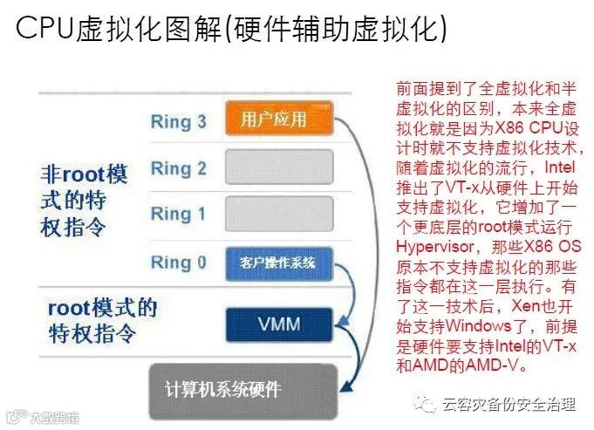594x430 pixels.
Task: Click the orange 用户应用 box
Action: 279,119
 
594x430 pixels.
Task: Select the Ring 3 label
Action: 178,120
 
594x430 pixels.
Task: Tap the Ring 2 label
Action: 178,167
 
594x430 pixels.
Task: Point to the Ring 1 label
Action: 178,214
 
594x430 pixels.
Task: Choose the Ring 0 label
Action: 178,262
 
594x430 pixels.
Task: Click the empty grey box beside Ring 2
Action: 279,167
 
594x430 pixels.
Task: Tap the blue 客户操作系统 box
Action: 279,262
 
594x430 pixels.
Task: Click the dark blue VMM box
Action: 279,325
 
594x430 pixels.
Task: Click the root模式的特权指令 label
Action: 101,320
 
